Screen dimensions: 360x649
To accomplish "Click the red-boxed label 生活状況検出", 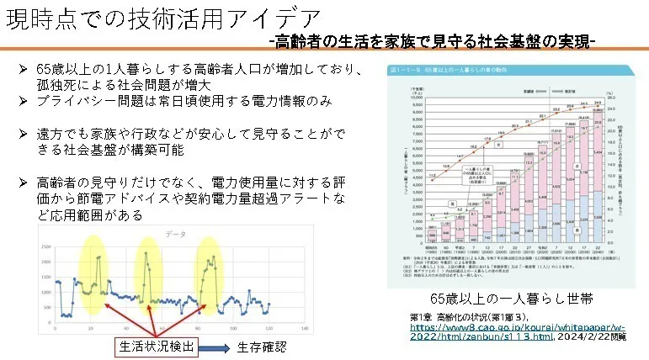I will click(156, 346).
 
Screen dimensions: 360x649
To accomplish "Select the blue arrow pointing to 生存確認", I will click(212, 346).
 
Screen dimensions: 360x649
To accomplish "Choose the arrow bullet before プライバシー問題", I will click(24, 101).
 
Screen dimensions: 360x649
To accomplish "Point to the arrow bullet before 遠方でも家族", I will click(24, 134).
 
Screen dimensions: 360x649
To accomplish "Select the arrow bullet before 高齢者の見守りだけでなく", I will click(24, 183).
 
